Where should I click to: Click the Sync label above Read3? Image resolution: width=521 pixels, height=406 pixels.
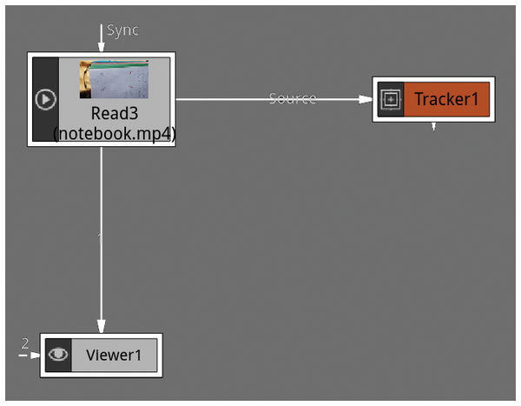[x=122, y=30]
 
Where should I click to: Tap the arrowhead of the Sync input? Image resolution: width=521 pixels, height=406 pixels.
[x=102, y=47]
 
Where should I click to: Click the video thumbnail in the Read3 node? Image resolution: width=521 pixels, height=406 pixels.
[x=114, y=79]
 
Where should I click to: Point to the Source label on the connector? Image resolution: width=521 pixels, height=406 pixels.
[x=293, y=98]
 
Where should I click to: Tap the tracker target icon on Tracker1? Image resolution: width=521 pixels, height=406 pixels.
[x=391, y=100]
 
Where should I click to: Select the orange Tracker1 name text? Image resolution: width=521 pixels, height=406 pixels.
[x=446, y=99]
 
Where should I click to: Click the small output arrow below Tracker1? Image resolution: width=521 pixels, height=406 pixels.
[x=434, y=127]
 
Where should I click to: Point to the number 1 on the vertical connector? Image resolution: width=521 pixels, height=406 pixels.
[x=100, y=236]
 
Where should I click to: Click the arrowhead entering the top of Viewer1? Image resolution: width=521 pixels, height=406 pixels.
[x=102, y=328]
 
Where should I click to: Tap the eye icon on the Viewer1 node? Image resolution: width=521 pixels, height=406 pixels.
[x=58, y=355]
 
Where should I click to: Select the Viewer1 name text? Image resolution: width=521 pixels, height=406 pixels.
[x=113, y=355]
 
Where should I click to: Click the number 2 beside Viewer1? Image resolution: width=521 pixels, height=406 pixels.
[x=24, y=343]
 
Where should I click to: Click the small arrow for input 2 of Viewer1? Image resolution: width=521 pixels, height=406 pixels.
[x=34, y=355]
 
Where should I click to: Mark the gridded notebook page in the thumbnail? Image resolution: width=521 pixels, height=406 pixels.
[x=122, y=83]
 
